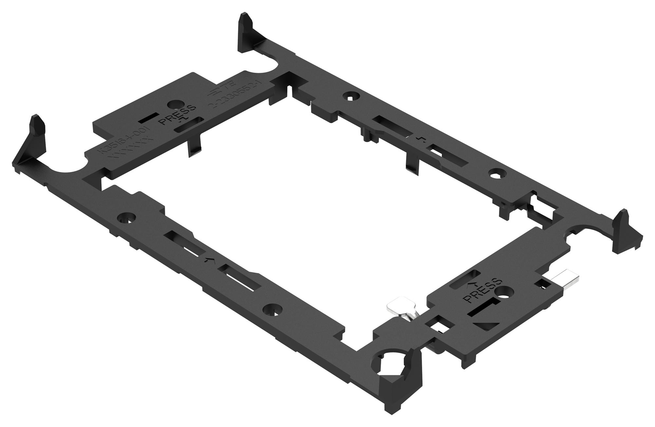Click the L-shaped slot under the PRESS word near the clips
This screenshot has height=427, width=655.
(x=483, y=307)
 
